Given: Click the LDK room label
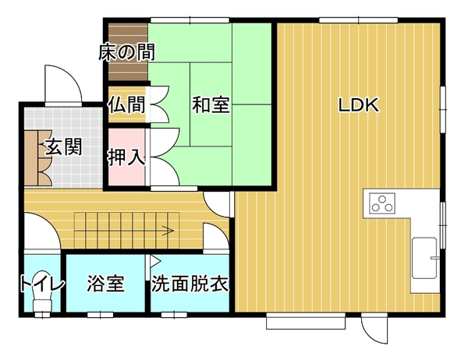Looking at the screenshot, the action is (359, 105).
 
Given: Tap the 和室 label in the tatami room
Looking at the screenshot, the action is (211, 104).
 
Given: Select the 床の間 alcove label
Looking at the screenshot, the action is (127, 52).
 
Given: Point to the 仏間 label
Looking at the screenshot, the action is (127, 104).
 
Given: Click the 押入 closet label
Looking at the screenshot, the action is (127, 157).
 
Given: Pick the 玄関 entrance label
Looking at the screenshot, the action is (64, 147).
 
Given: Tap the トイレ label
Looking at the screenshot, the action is (42, 283).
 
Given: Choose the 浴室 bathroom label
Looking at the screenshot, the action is (105, 283).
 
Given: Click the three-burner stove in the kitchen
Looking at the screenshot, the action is (382, 203).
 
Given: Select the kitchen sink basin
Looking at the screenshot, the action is (424, 258).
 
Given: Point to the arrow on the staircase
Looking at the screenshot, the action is (168, 230).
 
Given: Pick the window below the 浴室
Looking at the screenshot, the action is (101, 315).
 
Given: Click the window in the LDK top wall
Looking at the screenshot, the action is (358, 20).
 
